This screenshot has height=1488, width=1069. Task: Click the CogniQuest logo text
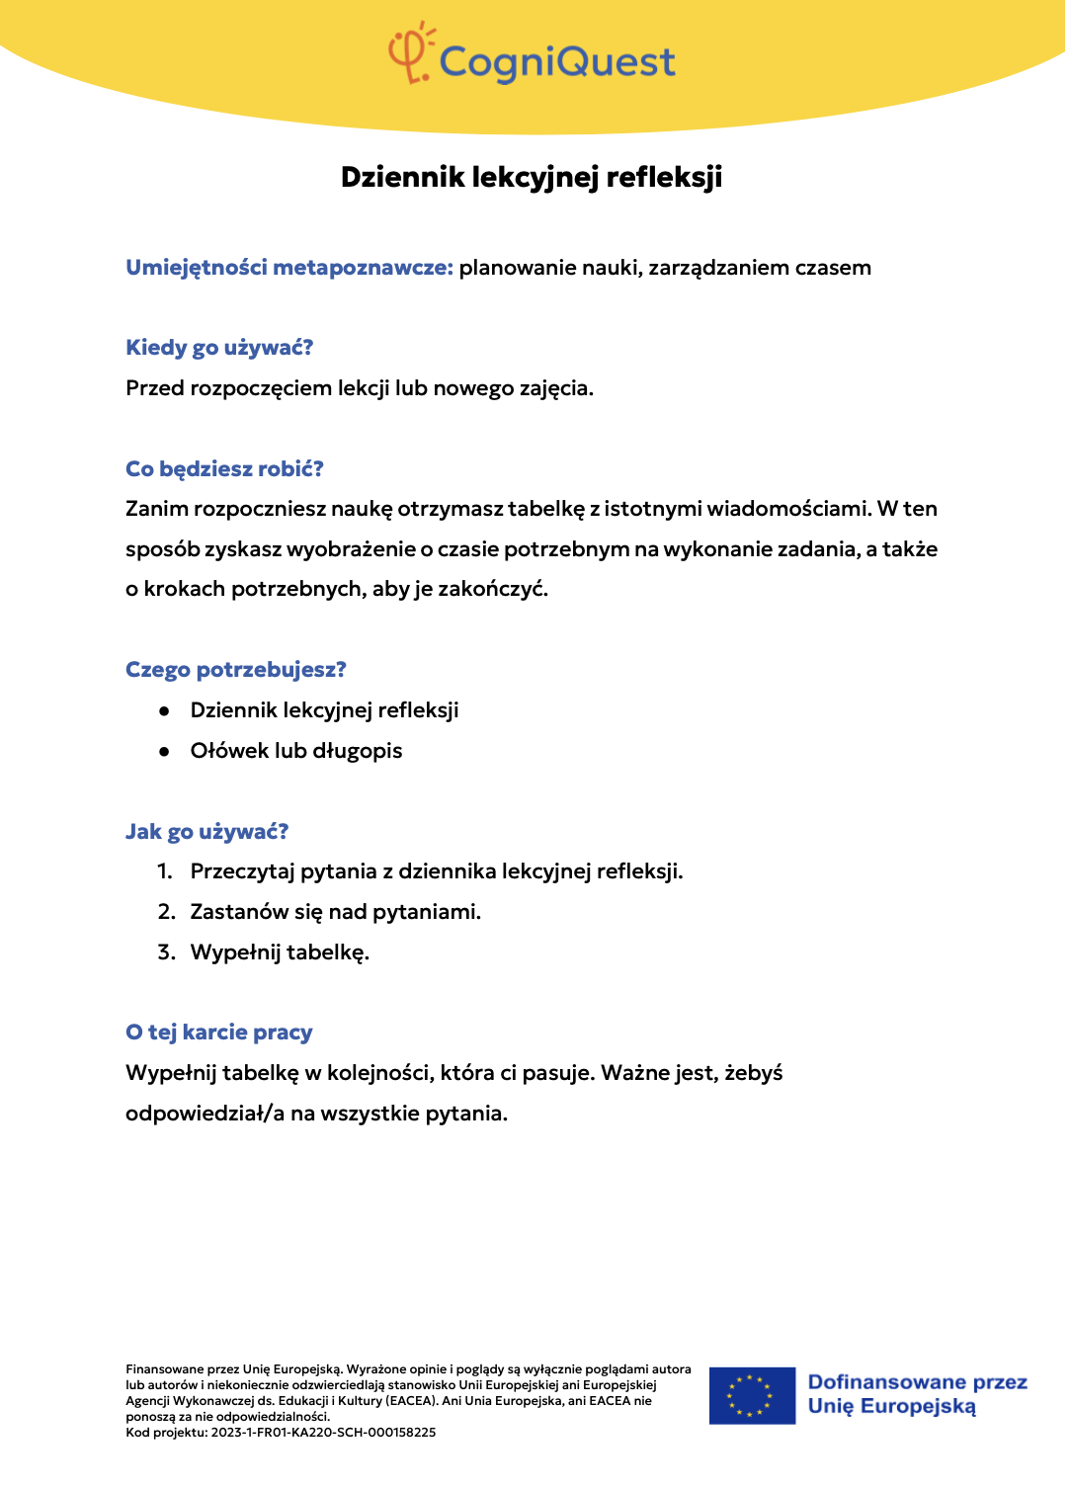557,62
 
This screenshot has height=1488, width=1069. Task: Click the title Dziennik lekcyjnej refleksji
532,177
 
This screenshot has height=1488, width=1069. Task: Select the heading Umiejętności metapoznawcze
288,268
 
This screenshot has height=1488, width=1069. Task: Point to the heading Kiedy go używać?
219,348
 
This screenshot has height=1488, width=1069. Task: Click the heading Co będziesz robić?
224,469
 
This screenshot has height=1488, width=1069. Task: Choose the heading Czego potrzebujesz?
236,670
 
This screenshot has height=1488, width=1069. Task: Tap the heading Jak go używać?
206,832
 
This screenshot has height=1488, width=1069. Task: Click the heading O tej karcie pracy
219,1033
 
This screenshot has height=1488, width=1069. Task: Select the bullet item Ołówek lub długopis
296,751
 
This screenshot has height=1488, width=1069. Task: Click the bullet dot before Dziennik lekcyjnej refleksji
165,711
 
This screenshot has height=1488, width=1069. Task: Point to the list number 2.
166,912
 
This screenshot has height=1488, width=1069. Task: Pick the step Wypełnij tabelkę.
280,952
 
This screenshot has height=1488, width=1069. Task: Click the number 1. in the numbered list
165,871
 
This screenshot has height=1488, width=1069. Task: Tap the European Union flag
752,1395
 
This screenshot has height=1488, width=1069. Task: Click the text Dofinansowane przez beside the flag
917,1382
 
